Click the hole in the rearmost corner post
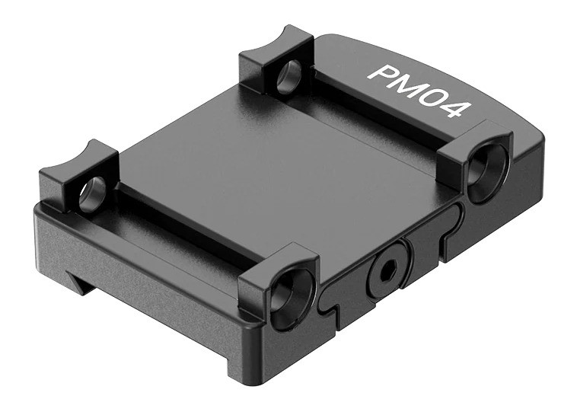point(288,77)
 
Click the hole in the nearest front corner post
point(282,296)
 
